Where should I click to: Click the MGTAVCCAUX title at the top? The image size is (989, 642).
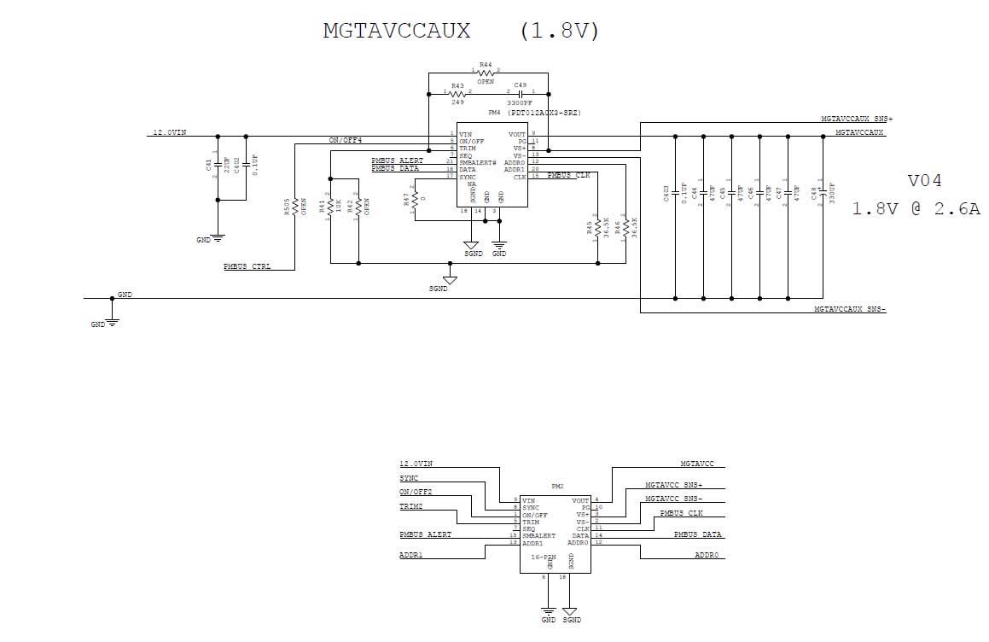pos(397,31)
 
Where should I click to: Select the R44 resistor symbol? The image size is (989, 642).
pos(486,73)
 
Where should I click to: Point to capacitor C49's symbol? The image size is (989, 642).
pos(520,92)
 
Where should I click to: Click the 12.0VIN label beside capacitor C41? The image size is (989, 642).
pos(169,132)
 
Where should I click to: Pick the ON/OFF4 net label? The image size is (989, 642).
pos(346,140)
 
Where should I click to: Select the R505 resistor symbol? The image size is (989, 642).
pos(294,207)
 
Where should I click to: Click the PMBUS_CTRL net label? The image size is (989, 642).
pos(247,266)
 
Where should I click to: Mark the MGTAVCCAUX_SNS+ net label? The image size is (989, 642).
pos(857,120)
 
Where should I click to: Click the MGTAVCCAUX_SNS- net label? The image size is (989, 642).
pos(850,309)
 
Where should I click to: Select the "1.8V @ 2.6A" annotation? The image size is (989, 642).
pos(916,208)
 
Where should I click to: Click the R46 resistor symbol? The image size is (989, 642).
pos(625,228)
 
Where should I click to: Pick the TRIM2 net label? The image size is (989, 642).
pos(410,506)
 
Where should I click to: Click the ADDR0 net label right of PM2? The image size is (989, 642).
pos(707,555)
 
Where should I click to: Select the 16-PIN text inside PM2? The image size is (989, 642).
pos(544,556)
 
